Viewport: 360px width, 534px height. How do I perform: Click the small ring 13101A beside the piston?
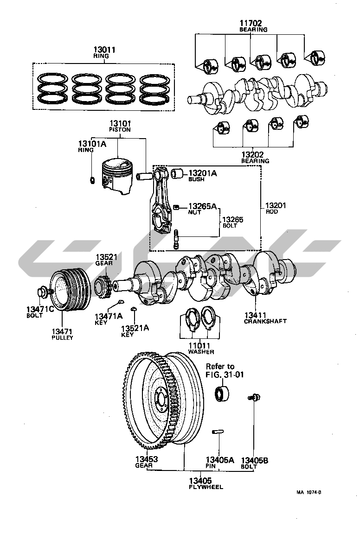tap(92, 179)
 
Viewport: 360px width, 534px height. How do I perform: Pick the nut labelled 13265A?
tap(176, 207)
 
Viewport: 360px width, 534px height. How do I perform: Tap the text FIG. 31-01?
tap(225, 375)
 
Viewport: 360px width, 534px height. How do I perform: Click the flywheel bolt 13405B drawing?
tap(254, 397)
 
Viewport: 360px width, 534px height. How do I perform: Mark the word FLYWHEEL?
tap(206, 487)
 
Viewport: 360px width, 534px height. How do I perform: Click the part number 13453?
tap(147, 459)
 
